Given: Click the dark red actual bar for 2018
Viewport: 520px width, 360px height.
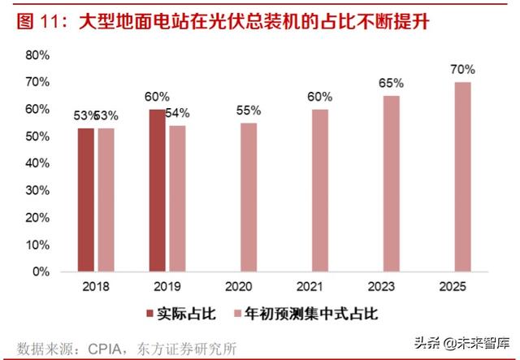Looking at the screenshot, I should [x=86, y=200].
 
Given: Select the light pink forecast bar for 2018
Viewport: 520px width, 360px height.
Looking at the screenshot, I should [x=106, y=200].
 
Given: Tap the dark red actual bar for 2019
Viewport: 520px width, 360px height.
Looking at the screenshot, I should [x=157, y=190].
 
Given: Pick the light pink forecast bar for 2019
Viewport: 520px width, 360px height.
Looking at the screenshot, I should [x=176, y=198].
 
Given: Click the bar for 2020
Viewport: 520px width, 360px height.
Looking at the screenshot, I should [x=249, y=197].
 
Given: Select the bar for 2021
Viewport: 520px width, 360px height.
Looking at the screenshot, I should [x=320, y=190].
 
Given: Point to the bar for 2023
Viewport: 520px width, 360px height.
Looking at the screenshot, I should [x=392, y=184].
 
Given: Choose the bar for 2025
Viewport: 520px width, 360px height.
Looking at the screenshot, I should [x=462, y=177].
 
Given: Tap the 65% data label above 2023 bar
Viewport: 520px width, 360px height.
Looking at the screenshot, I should [x=392, y=84].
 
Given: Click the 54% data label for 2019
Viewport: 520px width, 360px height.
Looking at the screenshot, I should [x=177, y=113].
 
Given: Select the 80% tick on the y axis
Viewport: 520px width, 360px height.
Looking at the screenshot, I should [x=37, y=55].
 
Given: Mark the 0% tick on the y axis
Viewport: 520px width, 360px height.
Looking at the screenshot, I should [x=41, y=272].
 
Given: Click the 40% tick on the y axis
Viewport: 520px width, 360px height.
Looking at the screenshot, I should [x=37, y=163].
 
